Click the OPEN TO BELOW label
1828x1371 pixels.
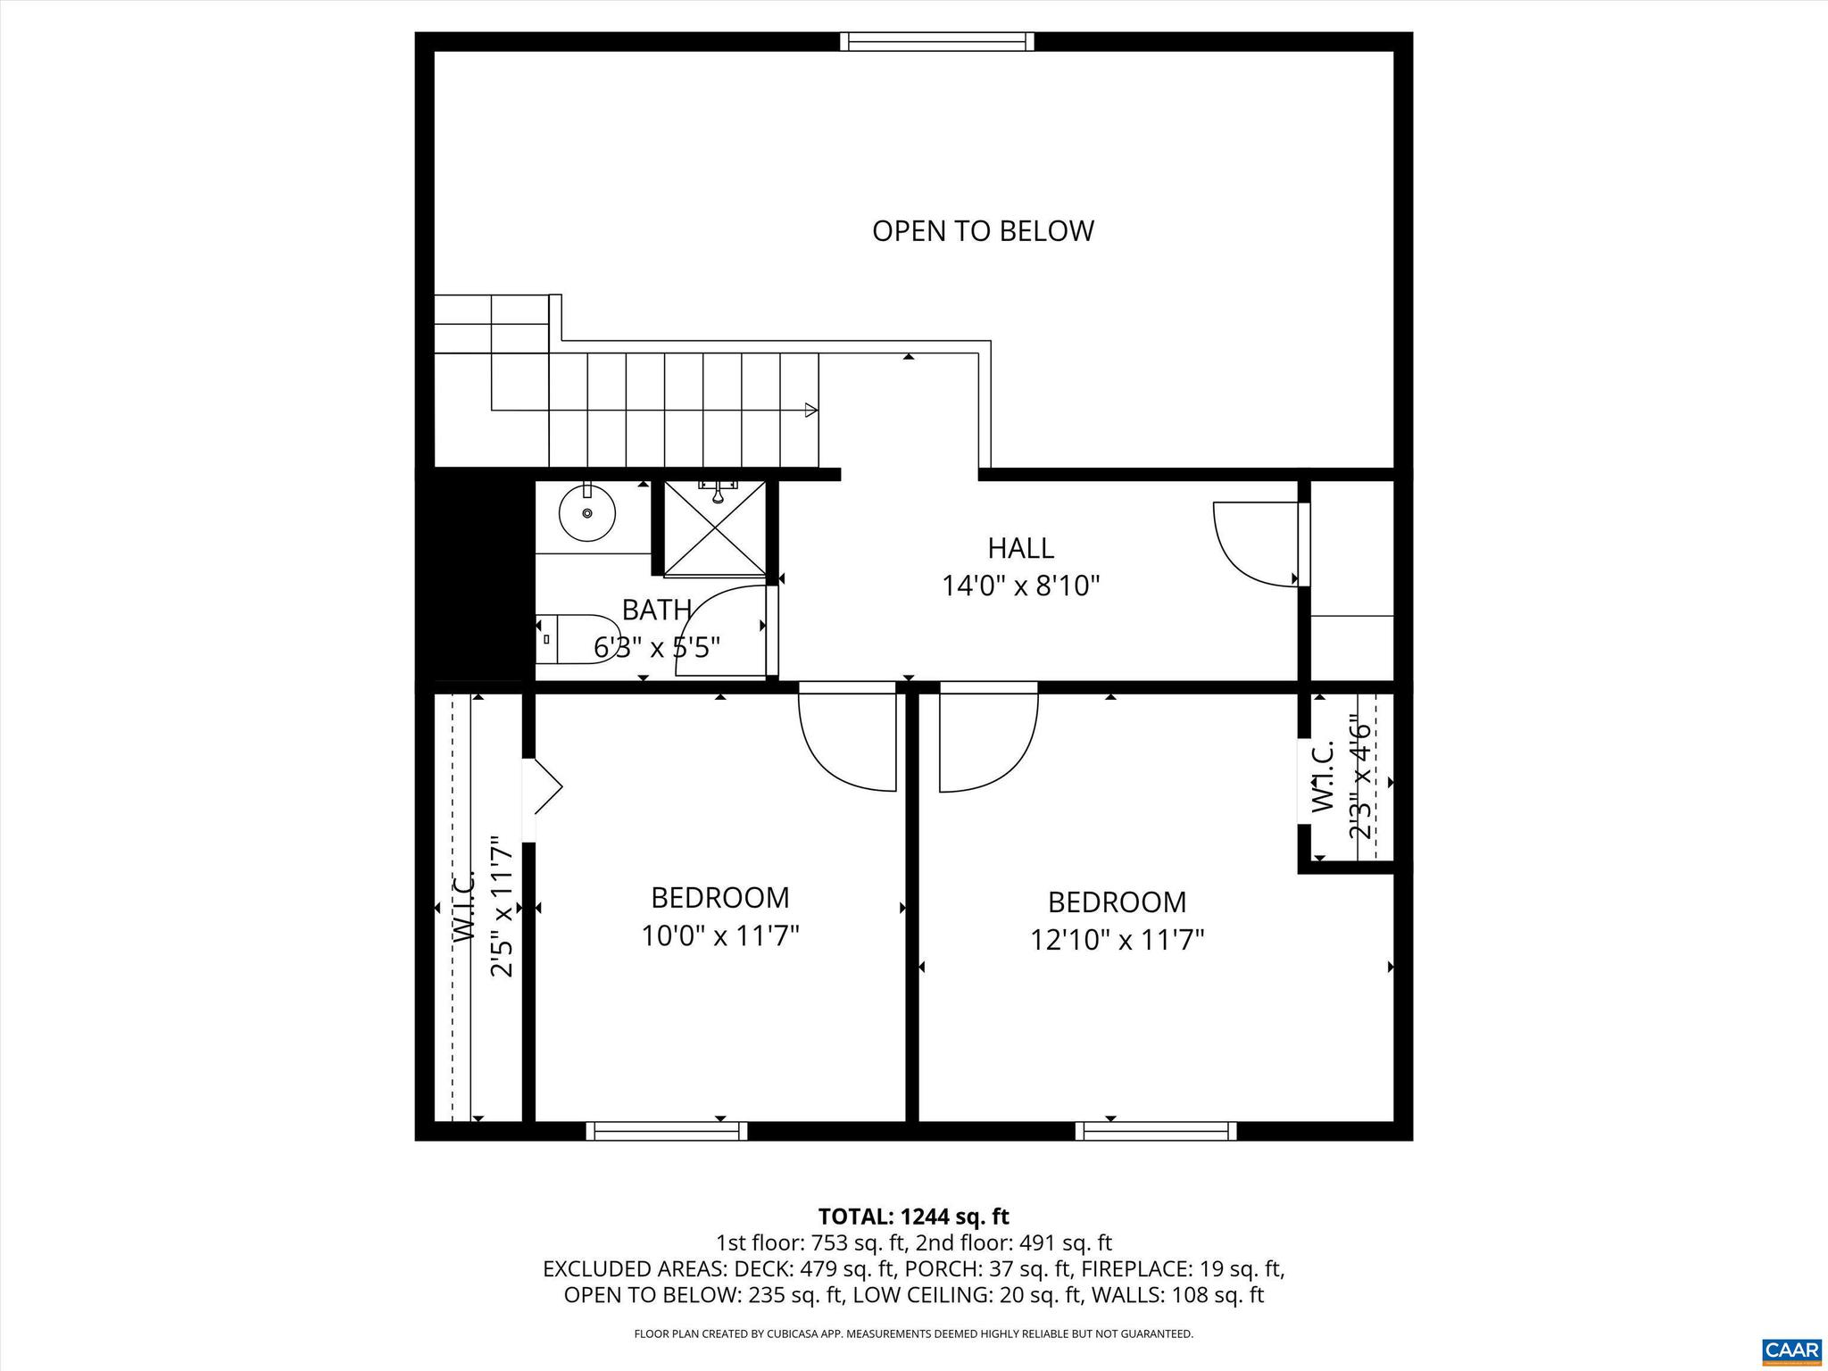[982, 231]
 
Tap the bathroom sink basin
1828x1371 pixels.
[586, 514]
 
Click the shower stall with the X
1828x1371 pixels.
[715, 528]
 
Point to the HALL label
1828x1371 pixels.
[1020, 547]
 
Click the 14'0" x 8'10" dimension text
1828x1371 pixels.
[1020, 586]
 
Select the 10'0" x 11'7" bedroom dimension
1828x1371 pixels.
[719, 936]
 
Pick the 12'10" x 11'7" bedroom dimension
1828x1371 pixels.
[1117, 940]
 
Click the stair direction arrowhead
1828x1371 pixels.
[810, 410]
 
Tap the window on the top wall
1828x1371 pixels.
[937, 41]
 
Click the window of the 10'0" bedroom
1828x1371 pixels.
[667, 1131]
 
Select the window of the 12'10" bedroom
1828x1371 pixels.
[1155, 1131]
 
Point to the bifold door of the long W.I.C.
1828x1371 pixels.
[544, 786]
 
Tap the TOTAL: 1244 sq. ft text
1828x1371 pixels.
[913, 1217]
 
